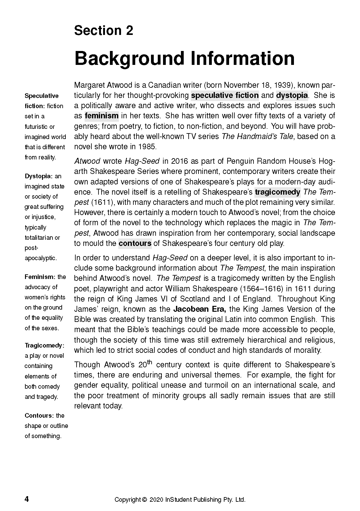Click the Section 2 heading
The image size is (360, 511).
coord(103,31)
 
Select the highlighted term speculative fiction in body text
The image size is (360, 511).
coord(225,95)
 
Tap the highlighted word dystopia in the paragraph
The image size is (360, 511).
coord(292,95)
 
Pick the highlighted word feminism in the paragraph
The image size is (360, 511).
coord(102,116)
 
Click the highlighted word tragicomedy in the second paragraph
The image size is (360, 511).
coord(277,192)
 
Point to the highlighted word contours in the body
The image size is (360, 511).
coord(135,243)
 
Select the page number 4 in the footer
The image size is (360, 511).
coord(27,499)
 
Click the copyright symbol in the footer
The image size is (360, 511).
coord(144,500)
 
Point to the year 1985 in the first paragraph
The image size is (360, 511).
coord(148,146)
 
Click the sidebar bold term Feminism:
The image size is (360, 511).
coord(40,277)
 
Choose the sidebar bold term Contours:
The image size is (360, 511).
coord(39,416)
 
